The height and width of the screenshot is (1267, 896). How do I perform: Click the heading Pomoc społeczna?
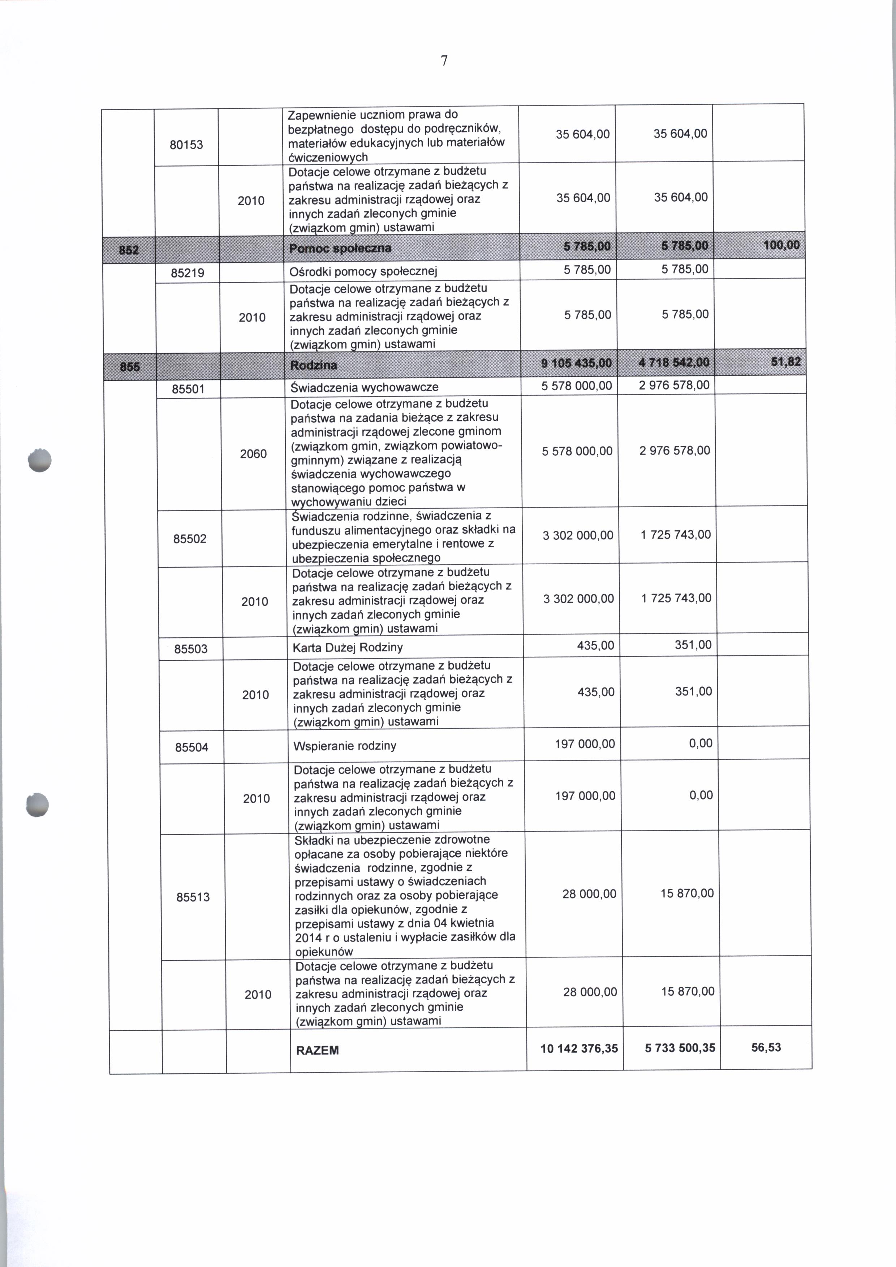(x=340, y=248)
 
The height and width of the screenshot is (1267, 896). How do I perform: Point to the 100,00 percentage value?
(x=781, y=245)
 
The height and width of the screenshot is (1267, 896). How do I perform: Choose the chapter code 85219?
(x=188, y=272)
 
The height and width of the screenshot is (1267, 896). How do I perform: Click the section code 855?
(x=130, y=366)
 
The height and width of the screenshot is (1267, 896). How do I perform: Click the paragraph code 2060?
(x=253, y=454)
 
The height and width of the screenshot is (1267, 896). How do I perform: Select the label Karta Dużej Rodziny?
(x=348, y=647)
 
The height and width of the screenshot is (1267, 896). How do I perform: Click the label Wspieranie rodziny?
(x=345, y=746)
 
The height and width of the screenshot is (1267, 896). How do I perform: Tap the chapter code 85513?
(x=193, y=897)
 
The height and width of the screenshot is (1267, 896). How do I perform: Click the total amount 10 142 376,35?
(x=579, y=1048)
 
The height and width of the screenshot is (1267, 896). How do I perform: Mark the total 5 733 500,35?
(x=680, y=1048)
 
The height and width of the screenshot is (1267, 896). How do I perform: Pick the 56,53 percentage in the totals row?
(x=766, y=1047)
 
